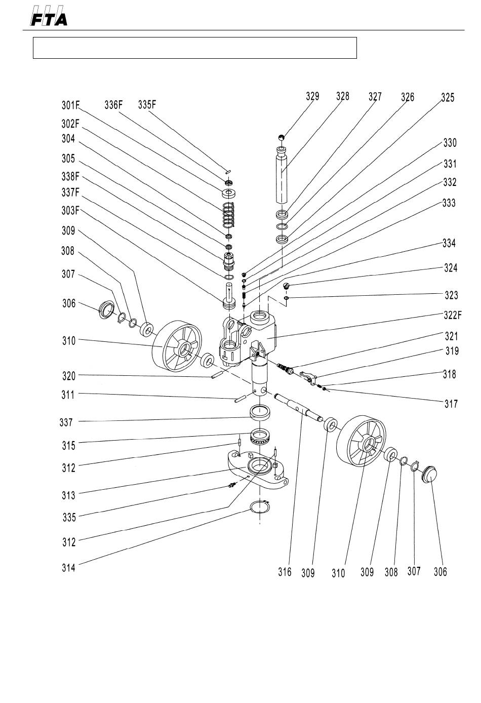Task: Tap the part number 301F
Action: coord(70,105)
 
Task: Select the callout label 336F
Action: coord(113,104)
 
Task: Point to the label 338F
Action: coord(70,176)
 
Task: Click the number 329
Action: coord(312,96)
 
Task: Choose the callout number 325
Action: coord(448,97)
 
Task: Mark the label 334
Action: coord(449,243)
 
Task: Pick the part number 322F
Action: coord(453,315)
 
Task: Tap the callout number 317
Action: coord(451,404)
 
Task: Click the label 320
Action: coord(69,376)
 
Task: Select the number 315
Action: coord(69,445)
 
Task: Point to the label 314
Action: coord(68,567)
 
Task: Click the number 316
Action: coord(285,572)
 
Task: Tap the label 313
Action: coord(68,495)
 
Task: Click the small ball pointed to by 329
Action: coord(282,137)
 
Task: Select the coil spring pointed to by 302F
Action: coord(229,215)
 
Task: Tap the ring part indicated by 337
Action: coord(260,413)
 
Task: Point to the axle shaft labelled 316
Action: coord(298,407)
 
